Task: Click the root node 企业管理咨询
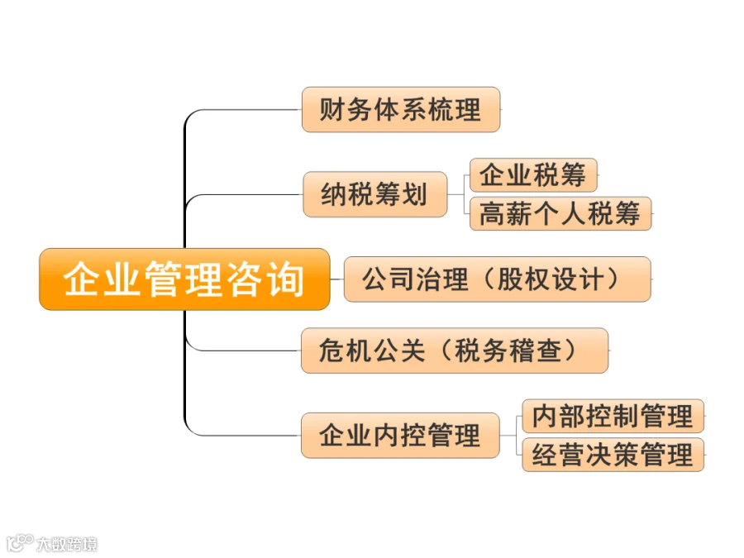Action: (x=184, y=279)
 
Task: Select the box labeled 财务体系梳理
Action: (x=400, y=109)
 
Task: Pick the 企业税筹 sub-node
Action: (x=532, y=175)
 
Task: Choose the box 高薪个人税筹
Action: (x=560, y=213)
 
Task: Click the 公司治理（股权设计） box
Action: (x=496, y=279)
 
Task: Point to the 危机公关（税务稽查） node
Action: (x=454, y=351)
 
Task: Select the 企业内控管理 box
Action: (x=400, y=435)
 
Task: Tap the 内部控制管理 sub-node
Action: (x=613, y=416)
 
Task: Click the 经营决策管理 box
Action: (x=613, y=455)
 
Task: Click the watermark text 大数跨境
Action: (x=67, y=543)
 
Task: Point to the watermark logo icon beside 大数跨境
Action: (x=19, y=542)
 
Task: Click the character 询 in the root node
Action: (x=286, y=279)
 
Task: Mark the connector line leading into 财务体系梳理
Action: (x=248, y=109)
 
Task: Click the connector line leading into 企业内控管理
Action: (x=248, y=435)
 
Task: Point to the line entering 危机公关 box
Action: (x=248, y=351)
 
